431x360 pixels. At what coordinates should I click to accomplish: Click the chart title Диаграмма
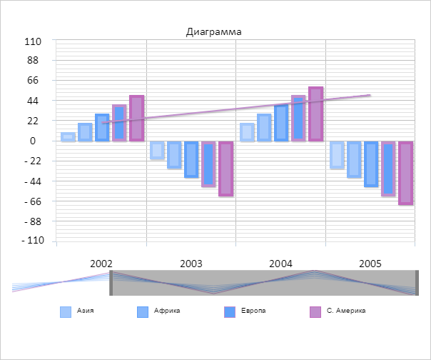[214, 31]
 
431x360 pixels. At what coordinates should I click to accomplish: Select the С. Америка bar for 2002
[136, 118]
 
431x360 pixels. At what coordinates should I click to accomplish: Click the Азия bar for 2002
[68, 136]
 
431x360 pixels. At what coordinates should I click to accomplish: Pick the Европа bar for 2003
[191, 159]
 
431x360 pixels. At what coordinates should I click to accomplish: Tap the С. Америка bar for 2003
[225, 168]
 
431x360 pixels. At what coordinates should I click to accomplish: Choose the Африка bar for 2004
[264, 127]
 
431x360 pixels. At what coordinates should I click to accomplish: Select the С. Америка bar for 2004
[315, 114]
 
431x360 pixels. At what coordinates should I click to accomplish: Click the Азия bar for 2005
[337, 154]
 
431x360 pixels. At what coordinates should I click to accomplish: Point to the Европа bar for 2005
[371, 164]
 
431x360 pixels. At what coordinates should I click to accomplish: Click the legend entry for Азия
[78, 311]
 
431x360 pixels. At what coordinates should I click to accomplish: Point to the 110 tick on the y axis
[33, 41]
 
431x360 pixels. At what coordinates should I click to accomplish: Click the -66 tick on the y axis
[31, 201]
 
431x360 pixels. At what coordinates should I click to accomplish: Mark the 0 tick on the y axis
[33, 141]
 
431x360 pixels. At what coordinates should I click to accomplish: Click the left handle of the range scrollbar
[111, 284]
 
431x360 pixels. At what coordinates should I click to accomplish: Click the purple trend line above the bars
[235, 109]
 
